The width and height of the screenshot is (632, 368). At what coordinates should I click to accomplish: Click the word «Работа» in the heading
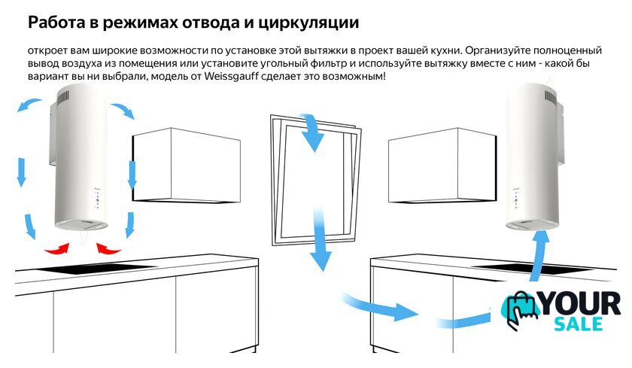point(56,23)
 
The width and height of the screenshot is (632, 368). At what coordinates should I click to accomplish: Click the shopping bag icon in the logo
point(519,310)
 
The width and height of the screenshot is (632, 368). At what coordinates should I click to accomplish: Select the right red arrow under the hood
point(108,248)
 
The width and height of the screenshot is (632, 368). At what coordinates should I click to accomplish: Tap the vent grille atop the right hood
point(551,96)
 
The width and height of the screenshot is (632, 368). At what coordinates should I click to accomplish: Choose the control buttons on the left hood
point(97,199)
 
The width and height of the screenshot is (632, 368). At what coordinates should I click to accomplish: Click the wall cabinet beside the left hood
point(187,166)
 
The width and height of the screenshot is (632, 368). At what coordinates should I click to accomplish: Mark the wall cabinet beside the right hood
point(442,166)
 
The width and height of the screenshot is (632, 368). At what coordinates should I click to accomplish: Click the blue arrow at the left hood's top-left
point(29,105)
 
